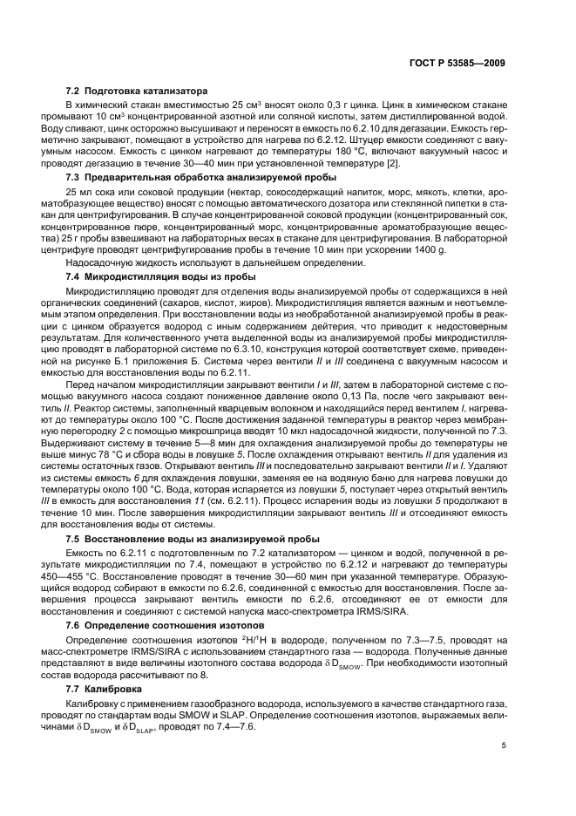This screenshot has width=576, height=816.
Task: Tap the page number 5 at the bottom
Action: [x=504, y=746]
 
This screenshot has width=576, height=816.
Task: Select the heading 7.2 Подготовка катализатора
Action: [x=135, y=91]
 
